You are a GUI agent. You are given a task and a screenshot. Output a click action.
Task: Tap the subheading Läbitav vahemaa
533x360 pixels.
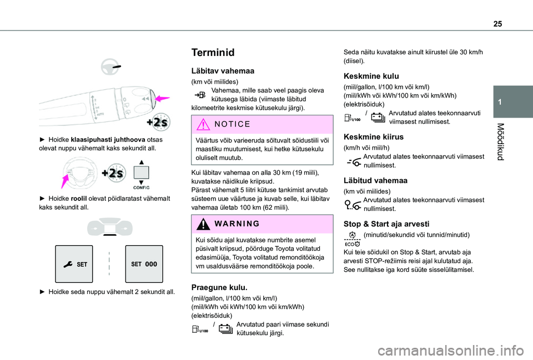pyautogui.click(x=222, y=71)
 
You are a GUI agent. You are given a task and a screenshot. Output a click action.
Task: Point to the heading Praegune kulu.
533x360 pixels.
pyautogui.click(x=219, y=287)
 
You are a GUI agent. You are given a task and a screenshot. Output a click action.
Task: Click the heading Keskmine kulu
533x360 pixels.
pyautogui.click(x=371, y=75)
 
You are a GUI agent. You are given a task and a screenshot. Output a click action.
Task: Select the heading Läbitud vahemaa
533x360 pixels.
pyautogui.click(x=376, y=180)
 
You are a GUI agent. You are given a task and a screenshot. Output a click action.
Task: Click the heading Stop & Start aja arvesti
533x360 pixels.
pyautogui.click(x=386, y=224)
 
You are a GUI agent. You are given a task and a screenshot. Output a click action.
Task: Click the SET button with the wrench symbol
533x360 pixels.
pyautogui.click(x=74, y=264)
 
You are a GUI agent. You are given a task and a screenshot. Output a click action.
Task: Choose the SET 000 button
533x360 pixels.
pyautogui.click(x=144, y=264)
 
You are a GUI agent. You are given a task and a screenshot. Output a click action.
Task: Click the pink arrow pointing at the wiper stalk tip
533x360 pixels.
pyautogui.click(x=162, y=99)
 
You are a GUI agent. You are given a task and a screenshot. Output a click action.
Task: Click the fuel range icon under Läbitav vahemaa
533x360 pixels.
pyautogui.click(x=201, y=96)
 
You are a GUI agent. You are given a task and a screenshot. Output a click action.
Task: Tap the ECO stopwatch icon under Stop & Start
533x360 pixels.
pyautogui.click(x=352, y=240)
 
